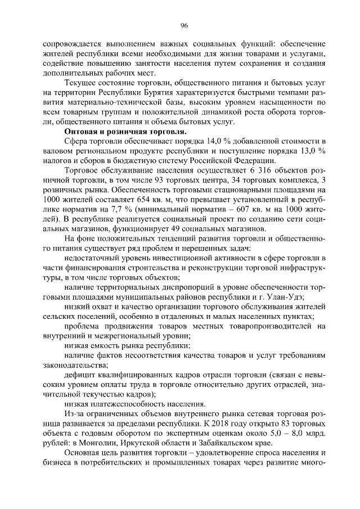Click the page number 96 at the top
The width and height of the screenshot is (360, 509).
point(183,25)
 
